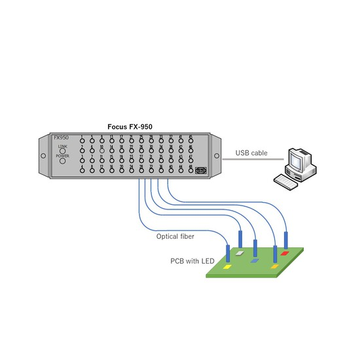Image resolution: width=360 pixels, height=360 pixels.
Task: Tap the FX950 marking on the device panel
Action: click(x=61, y=137)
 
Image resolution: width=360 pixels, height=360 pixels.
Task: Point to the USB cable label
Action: click(x=251, y=154)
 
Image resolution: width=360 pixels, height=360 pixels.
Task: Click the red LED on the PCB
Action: click(x=284, y=251)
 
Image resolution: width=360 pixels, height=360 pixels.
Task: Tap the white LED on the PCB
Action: click(x=240, y=252)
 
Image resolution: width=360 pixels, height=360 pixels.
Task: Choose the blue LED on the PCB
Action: click(x=255, y=261)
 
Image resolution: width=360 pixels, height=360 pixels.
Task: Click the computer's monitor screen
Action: click(x=298, y=159)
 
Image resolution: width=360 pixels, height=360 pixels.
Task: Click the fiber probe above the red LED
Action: click(x=285, y=239)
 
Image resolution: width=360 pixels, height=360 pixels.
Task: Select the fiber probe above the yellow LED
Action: click(x=227, y=253)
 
